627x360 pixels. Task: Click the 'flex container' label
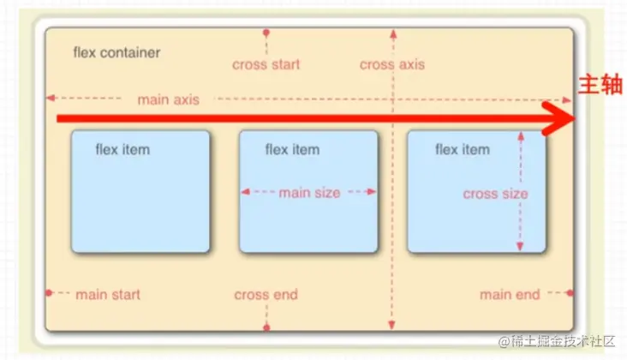pyautogui.click(x=116, y=52)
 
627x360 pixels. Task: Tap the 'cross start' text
pyautogui.click(x=266, y=64)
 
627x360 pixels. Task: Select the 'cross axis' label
pyautogui.click(x=391, y=64)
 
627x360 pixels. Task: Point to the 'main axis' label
pyautogui.click(x=168, y=99)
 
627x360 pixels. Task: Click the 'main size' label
pyautogui.click(x=309, y=193)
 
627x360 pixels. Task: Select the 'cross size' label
pyautogui.click(x=495, y=194)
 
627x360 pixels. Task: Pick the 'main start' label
pyautogui.click(x=108, y=295)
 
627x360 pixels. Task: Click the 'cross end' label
pyautogui.click(x=266, y=295)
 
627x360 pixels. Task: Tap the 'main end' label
pyautogui.click(x=510, y=295)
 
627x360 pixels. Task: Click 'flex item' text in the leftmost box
pyautogui.click(x=122, y=149)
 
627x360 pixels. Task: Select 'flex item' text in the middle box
pyautogui.click(x=292, y=149)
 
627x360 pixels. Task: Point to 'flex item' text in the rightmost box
pyautogui.click(x=462, y=149)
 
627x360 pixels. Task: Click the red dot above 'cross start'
pyautogui.click(x=266, y=33)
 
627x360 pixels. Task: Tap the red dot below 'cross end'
pyautogui.click(x=266, y=327)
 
